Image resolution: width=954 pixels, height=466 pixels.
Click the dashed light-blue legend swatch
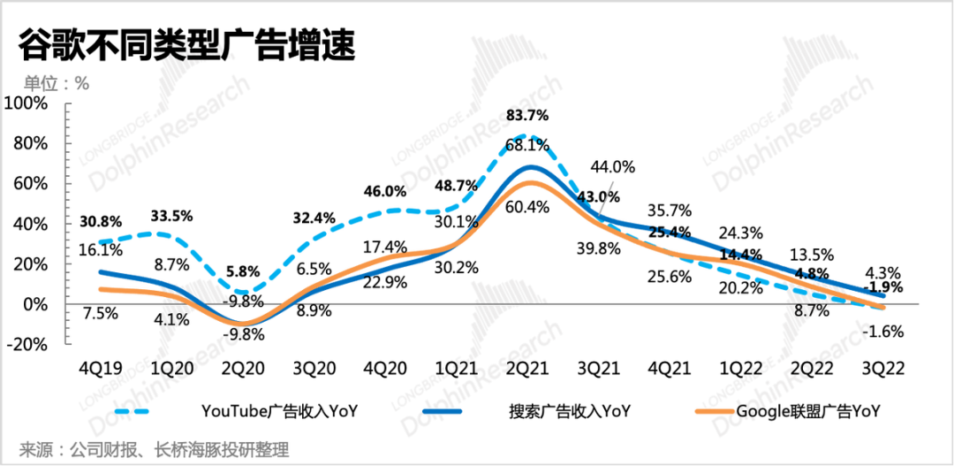point(132,411)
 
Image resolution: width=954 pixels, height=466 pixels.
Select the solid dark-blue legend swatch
point(442,411)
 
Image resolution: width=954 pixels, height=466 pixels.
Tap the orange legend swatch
point(715,411)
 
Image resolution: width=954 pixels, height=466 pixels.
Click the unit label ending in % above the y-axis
point(57,83)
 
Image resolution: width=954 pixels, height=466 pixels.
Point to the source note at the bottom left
point(155,448)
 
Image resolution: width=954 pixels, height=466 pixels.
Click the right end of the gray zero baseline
point(919,305)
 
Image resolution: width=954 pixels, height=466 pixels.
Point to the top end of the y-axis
point(67,104)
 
